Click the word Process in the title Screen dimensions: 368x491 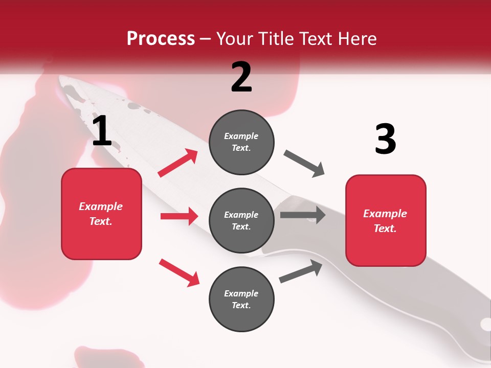point(161,39)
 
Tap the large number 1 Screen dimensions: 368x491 point(102,132)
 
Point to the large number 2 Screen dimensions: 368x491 point(241,77)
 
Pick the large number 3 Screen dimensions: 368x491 point(385,140)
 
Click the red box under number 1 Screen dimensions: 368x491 point(101,214)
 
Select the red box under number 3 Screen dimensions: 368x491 point(386,220)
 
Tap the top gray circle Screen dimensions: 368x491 point(241,142)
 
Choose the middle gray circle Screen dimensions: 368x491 point(241,220)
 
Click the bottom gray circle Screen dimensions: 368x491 point(241,299)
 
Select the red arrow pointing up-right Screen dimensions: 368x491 point(178,163)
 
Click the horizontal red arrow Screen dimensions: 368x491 point(179,216)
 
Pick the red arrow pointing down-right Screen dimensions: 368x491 point(179,272)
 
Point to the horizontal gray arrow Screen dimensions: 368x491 point(303,215)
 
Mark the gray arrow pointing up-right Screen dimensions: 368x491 point(301,271)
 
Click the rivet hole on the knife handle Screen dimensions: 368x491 point(485,324)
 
